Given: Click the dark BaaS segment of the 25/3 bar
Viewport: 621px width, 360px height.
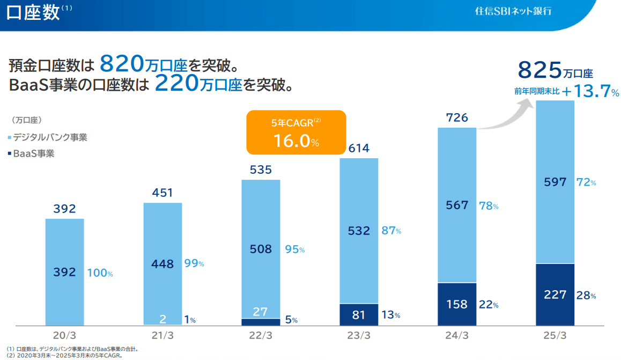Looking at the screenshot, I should (x=555, y=295).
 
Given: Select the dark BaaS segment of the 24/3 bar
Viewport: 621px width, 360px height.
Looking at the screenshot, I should (x=457, y=304).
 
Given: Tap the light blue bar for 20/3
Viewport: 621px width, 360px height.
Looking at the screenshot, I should (x=64, y=271).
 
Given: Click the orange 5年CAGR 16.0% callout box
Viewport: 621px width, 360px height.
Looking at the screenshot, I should (x=296, y=132).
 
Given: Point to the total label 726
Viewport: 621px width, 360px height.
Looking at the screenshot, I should (x=457, y=117).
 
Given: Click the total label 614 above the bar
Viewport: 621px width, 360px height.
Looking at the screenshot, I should (x=359, y=148).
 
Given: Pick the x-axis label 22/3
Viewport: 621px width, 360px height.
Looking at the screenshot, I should (x=261, y=335).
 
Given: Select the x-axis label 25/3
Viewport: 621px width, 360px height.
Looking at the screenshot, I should (x=555, y=335).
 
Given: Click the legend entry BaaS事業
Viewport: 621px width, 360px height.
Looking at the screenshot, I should (x=33, y=153).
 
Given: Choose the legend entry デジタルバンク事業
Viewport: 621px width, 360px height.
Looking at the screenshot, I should (x=49, y=137).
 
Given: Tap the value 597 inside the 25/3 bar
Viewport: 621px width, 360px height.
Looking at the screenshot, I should (x=555, y=182).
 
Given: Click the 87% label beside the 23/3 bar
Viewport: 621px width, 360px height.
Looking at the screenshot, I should (x=391, y=231).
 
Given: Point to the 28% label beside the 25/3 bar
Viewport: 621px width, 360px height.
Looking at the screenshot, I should (x=586, y=295).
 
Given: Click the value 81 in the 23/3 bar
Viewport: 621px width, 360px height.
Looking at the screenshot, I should (x=359, y=315).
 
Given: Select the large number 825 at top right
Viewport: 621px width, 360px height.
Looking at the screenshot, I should (x=539, y=70).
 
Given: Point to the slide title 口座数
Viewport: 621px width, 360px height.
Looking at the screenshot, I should (x=33, y=13).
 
